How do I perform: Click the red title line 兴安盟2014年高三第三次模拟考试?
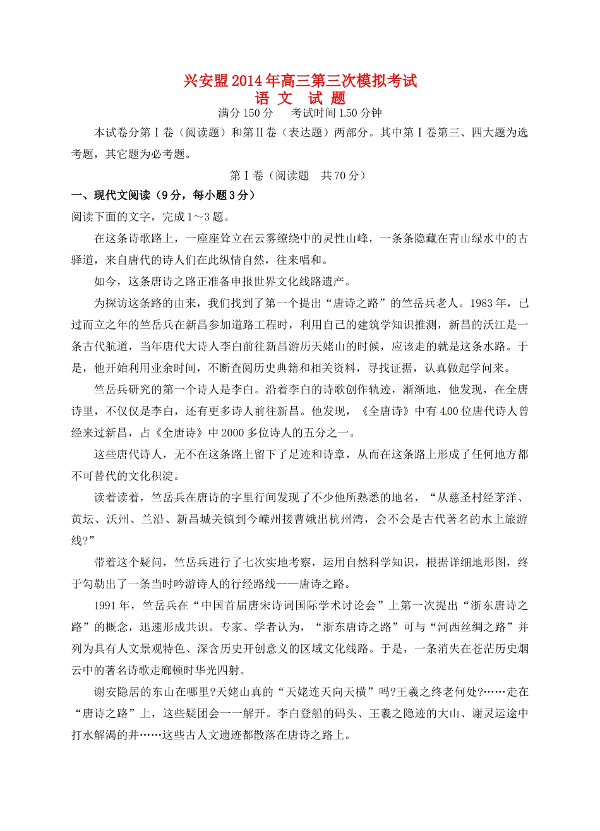[x=300, y=81]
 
